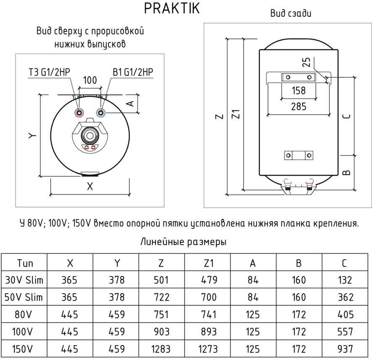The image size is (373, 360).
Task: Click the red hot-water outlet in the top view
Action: pyautogui.click(x=79, y=113)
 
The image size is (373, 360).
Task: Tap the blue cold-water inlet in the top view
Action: pyautogui.click(x=100, y=113)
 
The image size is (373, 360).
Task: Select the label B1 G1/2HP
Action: pyautogui.click(x=132, y=72)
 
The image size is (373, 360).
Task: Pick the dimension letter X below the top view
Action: pyautogui.click(x=89, y=187)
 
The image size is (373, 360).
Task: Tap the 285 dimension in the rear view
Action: pyautogui.click(x=299, y=106)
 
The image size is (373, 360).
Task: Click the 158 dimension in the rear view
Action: pyautogui.click(x=299, y=90)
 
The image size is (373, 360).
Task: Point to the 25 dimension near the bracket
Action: pyautogui.click(x=306, y=63)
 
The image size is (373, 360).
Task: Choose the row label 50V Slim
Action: pyautogui.click(x=24, y=297)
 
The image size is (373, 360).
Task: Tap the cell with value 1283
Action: pyautogui.click(x=161, y=349)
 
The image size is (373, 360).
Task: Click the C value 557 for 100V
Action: pyautogui.click(x=344, y=331)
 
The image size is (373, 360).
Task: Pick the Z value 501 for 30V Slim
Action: pyautogui.click(x=161, y=280)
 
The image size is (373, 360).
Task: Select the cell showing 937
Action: pyautogui.click(x=344, y=349)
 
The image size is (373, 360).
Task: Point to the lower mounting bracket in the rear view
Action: pyautogui.click(x=299, y=155)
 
